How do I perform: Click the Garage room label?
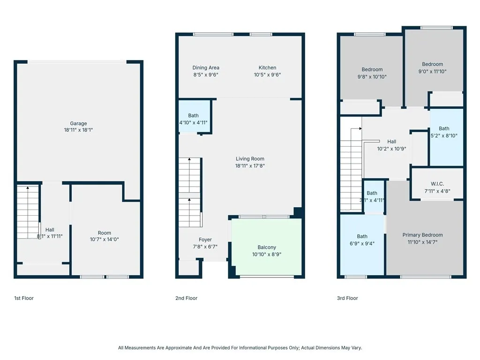(79, 124)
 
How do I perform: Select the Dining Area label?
(206, 68)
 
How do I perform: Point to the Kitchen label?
(268, 68)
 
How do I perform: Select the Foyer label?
(205, 240)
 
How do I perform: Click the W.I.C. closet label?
(437, 184)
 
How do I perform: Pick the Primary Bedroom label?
(422, 235)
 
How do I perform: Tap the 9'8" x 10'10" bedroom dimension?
(372, 76)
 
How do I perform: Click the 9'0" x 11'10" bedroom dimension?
(432, 72)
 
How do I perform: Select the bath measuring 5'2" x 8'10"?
(444, 132)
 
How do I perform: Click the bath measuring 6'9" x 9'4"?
(362, 240)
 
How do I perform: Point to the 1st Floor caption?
(24, 298)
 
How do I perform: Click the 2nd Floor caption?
(186, 298)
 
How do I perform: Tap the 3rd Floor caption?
(347, 298)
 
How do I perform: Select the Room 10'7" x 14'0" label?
(105, 236)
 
